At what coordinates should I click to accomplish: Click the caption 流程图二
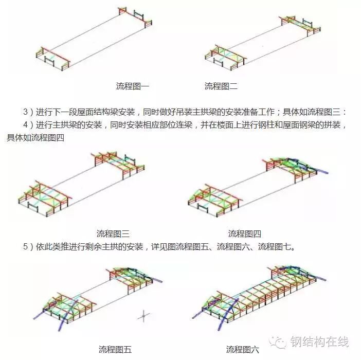(x=221, y=86)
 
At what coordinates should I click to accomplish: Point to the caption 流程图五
(x=115, y=350)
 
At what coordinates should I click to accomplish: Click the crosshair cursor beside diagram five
(x=145, y=315)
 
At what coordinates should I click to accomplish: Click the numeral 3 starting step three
(x=26, y=112)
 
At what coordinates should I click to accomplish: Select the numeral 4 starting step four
(x=26, y=125)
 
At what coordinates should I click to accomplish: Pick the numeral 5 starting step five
(x=26, y=247)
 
